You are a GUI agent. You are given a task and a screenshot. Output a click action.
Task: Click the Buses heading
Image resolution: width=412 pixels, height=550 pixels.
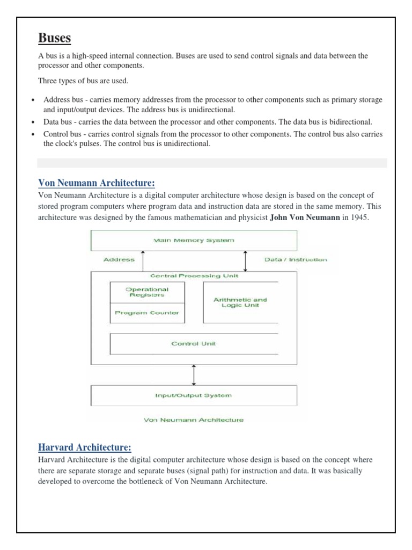click(x=55, y=38)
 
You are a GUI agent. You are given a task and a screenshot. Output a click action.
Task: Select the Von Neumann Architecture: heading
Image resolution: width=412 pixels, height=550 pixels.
click(x=96, y=183)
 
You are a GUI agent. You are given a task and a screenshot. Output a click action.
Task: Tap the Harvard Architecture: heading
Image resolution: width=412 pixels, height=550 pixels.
click(x=84, y=447)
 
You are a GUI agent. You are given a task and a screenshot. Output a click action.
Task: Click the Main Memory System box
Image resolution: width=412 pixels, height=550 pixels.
click(x=194, y=241)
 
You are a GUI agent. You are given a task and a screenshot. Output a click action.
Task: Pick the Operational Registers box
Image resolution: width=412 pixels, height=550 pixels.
click(x=146, y=292)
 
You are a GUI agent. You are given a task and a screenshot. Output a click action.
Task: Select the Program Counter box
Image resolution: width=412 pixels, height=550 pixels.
click(x=146, y=313)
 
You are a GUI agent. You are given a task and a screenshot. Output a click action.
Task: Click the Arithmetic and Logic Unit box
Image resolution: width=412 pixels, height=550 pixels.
click(x=240, y=302)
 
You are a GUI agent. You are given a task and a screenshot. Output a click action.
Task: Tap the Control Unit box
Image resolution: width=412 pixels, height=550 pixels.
click(x=194, y=344)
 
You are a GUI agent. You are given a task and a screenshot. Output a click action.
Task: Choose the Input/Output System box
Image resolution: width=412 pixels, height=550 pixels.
click(x=194, y=395)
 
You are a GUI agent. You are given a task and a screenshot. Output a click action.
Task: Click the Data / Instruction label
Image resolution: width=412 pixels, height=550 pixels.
click(x=296, y=259)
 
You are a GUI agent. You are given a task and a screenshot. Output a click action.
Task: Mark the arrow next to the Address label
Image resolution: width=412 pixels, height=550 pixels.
click(x=143, y=261)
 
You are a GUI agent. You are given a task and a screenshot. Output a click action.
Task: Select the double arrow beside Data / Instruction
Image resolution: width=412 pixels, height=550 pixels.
click(x=245, y=261)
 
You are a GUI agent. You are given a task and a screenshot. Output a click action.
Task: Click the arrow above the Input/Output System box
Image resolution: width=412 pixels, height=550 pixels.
click(x=194, y=374)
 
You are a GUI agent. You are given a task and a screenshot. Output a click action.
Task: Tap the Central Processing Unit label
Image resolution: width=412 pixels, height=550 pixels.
click(x=194, y=276)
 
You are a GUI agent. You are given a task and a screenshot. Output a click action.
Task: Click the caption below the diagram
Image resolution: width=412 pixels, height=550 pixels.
click(x=193, y=420)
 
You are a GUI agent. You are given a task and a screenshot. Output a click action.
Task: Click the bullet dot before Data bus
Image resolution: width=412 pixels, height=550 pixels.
click(x=33, y=122)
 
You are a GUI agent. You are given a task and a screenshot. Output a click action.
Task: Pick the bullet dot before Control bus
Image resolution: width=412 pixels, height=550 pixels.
click(x=33, y=134)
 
